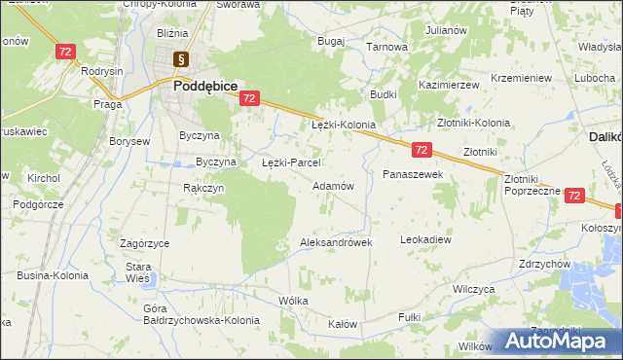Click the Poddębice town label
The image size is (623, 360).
click(205, 86)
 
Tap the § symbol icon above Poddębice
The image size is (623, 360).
click(180, 60)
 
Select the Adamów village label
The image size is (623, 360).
click(331, 185)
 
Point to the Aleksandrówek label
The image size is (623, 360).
click(336, 242)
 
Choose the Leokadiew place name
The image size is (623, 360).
click(426, 238)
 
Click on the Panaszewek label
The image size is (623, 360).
click(413, 173)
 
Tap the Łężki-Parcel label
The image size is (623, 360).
click(291, 162)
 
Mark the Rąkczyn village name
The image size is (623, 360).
click(204, 188)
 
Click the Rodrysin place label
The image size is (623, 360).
click(102, 71)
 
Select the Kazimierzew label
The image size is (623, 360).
click(449, 86)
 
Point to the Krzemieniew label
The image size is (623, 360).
click(522, 77)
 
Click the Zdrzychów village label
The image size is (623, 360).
click(544, 264)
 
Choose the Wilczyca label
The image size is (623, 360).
click(475, 290)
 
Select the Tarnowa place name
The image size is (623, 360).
click(385, 46)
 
